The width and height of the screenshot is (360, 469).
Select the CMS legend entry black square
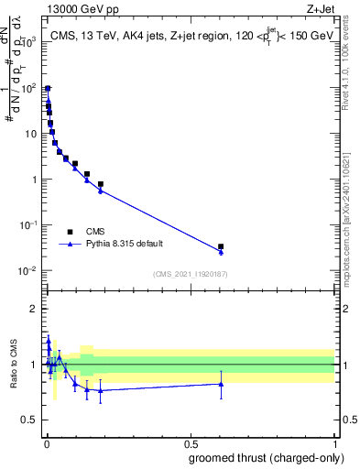70,232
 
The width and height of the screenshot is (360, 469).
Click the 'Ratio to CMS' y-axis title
13,364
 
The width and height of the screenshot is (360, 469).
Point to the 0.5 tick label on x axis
190,443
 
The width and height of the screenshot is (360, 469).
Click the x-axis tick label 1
334,443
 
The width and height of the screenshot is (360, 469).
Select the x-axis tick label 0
46,443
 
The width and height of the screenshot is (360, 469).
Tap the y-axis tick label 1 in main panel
34,180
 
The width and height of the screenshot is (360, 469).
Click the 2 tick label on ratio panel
37,309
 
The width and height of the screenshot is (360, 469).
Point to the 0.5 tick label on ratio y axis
32,420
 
